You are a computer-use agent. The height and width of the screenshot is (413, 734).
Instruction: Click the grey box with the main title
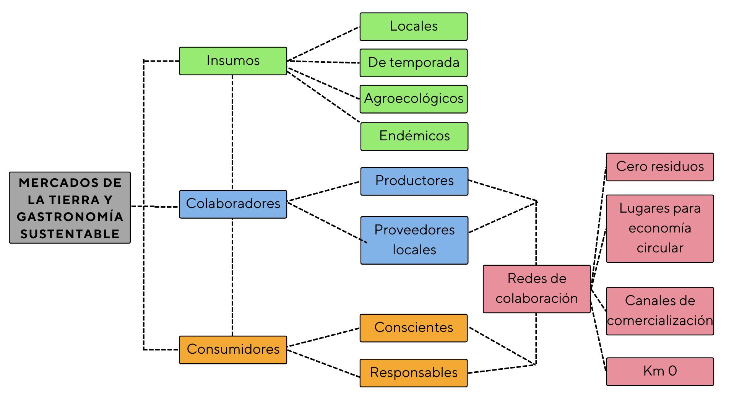(x=70, y=208)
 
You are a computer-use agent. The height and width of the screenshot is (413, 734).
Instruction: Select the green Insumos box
(x=233, y=61)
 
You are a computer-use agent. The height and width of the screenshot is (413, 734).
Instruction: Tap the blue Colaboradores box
(x=233, y=204)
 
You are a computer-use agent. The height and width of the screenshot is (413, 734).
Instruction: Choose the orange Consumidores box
(x=233, y=350)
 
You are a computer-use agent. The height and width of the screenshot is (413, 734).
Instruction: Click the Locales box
(x=413, y=26)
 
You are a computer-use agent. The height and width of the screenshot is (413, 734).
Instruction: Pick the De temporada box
(x=413, y=63)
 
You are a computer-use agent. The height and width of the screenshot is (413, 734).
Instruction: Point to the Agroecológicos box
(x=413, y=99)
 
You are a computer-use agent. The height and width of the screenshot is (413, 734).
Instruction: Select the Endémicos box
(x=414, y=137)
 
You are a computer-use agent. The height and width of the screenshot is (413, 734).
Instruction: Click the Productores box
(x=414, y=181)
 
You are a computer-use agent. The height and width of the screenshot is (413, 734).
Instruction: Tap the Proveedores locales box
(x=414, y=240)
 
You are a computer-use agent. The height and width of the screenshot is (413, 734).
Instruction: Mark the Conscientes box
(x=413, y=328)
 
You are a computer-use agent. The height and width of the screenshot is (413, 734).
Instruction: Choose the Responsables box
(x=413, y=373)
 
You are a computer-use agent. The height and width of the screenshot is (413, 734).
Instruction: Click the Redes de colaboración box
(x=536, y=289)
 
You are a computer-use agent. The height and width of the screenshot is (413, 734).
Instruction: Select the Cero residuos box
(x=659, y=167)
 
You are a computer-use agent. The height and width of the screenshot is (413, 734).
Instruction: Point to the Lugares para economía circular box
(x=659, y=228)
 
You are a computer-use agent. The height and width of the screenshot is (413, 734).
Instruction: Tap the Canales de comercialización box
(x=659, y=311)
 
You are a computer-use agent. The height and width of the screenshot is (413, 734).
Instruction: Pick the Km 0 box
(x=659, y=371)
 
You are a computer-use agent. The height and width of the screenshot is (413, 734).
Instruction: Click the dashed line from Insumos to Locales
(x=323, y=44)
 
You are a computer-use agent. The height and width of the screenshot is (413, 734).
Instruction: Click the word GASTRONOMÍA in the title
(x=70, y=217)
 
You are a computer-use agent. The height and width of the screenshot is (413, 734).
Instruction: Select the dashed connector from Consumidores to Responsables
(x=323, y=363)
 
